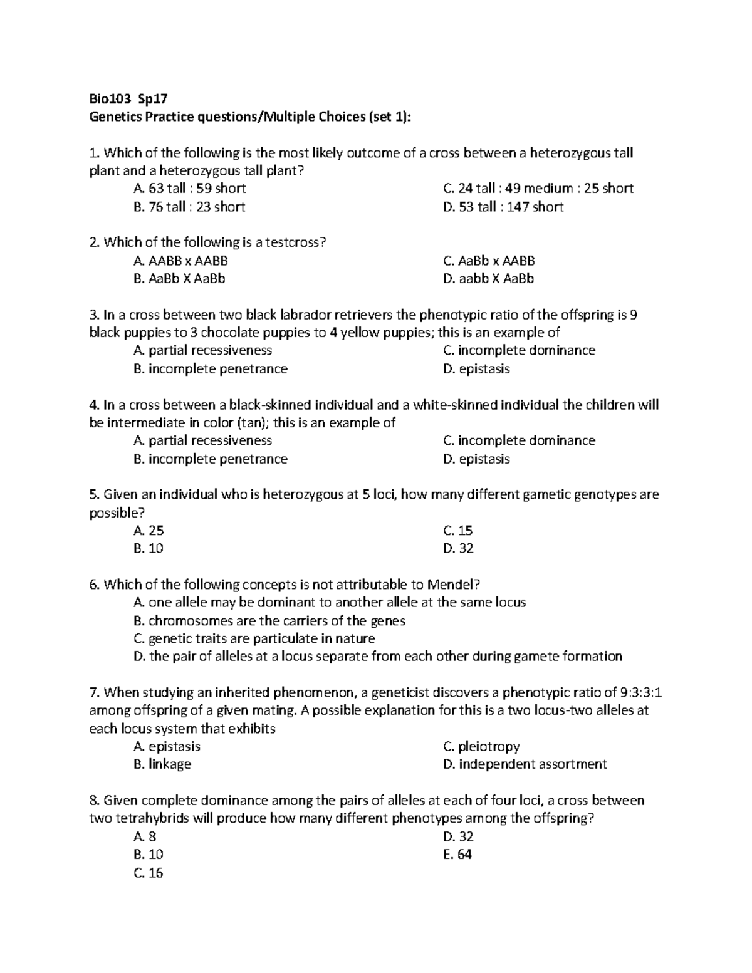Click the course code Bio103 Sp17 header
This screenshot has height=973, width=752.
point(128,98)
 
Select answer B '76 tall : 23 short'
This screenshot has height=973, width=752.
point(189,207)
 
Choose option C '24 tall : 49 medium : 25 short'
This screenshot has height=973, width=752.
point(538,189)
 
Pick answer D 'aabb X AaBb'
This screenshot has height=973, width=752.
point(488,279)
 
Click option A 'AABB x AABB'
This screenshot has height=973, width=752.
point(180,261)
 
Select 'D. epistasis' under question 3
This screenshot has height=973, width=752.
point(476,369)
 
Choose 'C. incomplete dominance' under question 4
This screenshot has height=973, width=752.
point(519,440)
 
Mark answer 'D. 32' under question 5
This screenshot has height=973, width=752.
point(458,549)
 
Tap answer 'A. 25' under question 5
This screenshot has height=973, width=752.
point(149,531)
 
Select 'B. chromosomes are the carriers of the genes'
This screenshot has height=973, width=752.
point(269,621)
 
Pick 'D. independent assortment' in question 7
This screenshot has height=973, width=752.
point(525,764)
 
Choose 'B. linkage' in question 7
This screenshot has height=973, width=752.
point(162,764)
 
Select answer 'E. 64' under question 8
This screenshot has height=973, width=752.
point(457,855)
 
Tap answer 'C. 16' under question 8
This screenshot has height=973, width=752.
point(149,873)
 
